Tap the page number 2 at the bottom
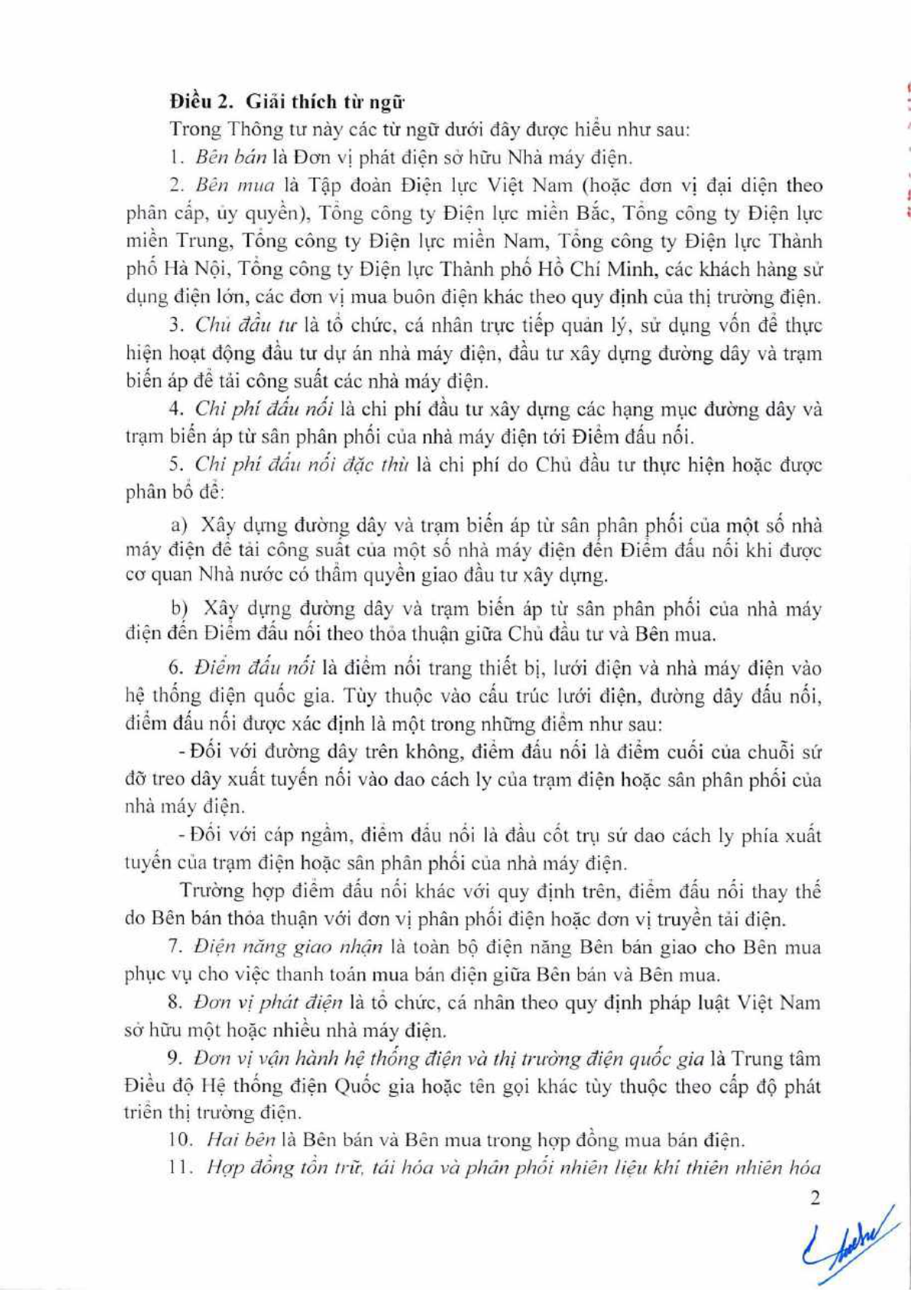(x=815, y=1198)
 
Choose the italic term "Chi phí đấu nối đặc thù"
(x=303, y=464)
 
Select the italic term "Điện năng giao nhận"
(x=288, y=947)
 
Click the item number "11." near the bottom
(x=181, y=1169)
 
